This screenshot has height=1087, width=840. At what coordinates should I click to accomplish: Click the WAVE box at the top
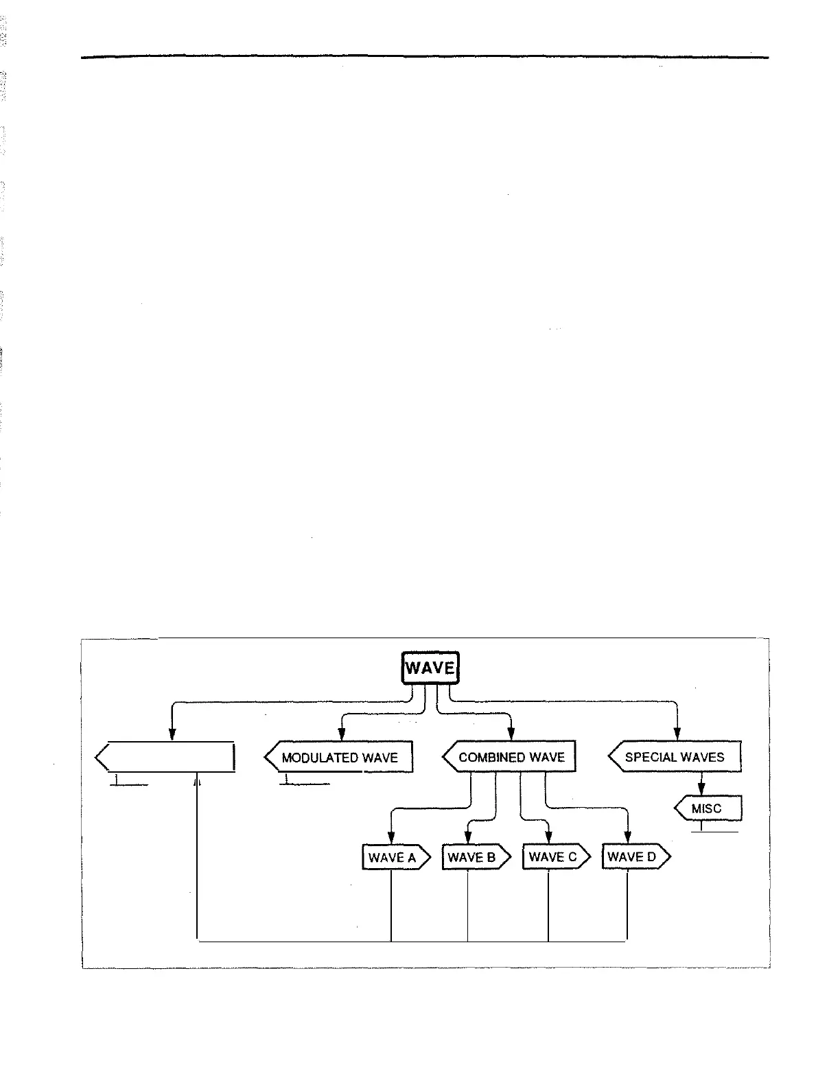tap(430, 668)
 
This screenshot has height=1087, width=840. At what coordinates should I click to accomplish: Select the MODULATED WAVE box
tap(340, 758)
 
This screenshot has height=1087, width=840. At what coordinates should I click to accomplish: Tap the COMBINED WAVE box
tap(510, 758)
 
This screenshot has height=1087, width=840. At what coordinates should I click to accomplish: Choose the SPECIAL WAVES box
tap(675, 757)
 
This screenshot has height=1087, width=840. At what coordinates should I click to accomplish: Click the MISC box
tap(708, 808)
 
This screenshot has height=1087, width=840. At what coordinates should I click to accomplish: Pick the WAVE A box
tap(395, 857)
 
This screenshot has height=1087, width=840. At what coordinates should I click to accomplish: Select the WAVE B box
tap(475, 857)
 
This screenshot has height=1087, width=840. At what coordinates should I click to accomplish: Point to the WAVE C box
tap(555, 857)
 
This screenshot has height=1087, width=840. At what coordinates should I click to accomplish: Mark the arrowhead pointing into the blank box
tap(172, 735)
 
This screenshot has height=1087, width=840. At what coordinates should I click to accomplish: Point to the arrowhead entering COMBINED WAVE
tap(511, 735)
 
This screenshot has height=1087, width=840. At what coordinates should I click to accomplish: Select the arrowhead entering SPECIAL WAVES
tap(677, 735)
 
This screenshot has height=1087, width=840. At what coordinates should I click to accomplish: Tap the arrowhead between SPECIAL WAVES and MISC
tap(701, 789)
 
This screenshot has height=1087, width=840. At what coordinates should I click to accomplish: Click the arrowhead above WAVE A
tap(391, 838)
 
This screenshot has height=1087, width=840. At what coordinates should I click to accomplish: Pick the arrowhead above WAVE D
tap(627, 838)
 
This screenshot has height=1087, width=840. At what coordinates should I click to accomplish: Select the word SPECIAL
tap(648, 757)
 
